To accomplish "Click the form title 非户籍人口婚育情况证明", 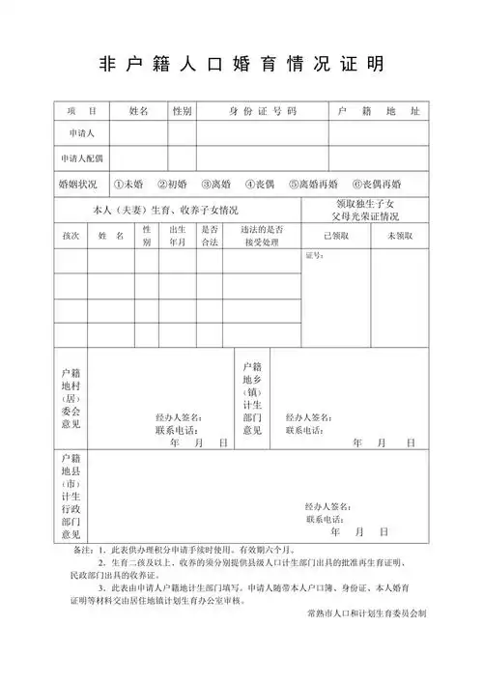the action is click(241, 64).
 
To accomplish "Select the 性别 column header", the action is click(182, 111).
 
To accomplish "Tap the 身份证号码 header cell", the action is click(263, 111).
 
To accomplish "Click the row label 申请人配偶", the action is click(81, 157).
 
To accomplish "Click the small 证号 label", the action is click(314, 256).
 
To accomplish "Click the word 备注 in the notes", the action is click(70, 549).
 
